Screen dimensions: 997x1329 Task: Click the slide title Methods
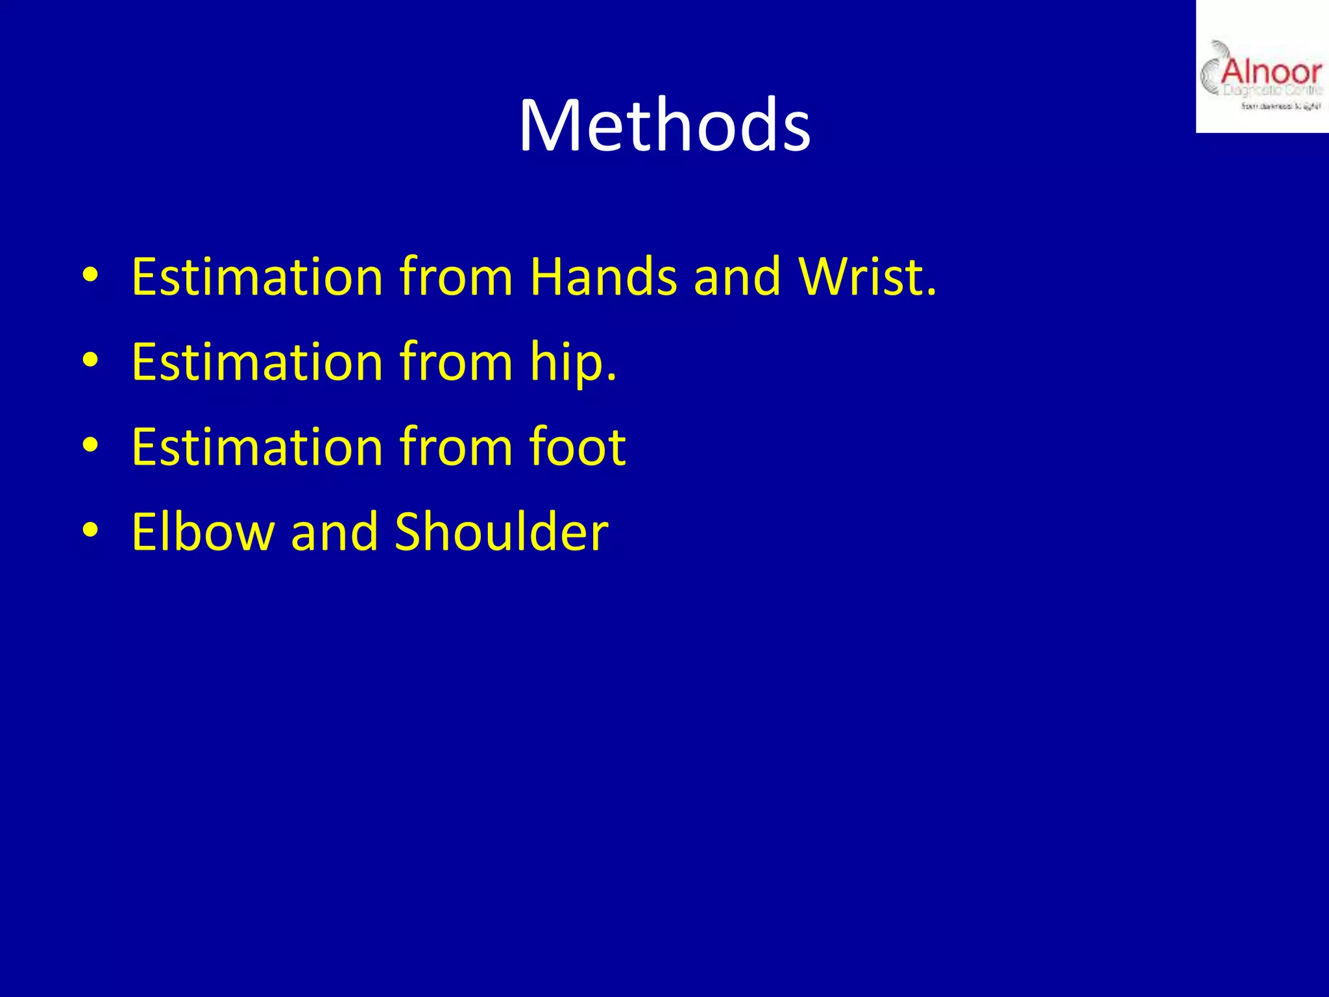[x=664, y=125]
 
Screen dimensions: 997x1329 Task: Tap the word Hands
[x=604, y=277]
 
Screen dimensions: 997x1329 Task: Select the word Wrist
[x=868, y=277]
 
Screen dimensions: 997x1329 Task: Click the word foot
[x=577, y=447]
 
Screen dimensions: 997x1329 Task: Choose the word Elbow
[x=203, y=532]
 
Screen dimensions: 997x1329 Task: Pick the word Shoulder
[x=501, y=532]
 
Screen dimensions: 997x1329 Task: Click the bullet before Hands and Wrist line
[x=90, y=276]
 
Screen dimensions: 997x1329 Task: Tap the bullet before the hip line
[x=90, y=361]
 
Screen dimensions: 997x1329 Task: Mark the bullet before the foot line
[x=90, y=446]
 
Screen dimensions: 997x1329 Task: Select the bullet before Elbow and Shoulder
[x=90, y=531]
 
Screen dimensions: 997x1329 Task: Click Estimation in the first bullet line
[x=257, y=277]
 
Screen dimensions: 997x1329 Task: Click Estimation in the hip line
[x=257, y=362]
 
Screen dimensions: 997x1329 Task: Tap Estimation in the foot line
[x=257, y=447]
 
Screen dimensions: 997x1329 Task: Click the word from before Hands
[x=456, y=277]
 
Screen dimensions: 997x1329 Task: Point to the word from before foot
[x=456, y=447]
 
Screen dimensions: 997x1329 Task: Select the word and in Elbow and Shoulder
[x=334, y=532]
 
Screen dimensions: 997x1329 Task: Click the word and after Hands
[x=737, y=277]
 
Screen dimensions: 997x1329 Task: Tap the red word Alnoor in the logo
[x=1271, y=71]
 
